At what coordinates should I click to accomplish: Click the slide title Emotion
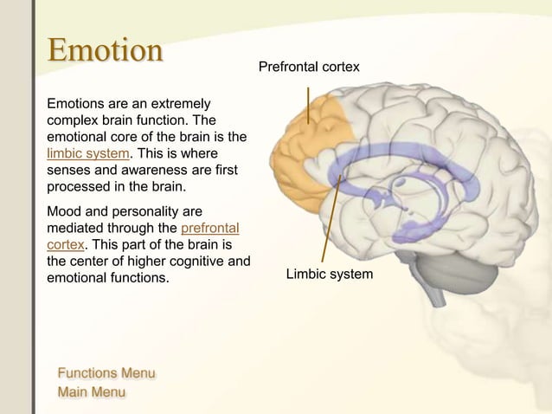coord(104,50)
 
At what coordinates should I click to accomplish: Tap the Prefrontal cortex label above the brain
coord(309,67)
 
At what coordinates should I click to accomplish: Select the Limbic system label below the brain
coord(330,274)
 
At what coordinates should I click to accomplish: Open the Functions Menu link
coord(106,373)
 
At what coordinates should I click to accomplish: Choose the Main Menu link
coord(91,392)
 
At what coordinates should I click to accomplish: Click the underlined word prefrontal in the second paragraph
coord(210,228)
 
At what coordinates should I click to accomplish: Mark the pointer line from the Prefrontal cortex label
coord(309,106)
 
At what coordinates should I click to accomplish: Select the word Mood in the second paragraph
coord(64,211)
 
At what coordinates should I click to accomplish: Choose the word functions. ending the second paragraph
coord(137,278)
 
